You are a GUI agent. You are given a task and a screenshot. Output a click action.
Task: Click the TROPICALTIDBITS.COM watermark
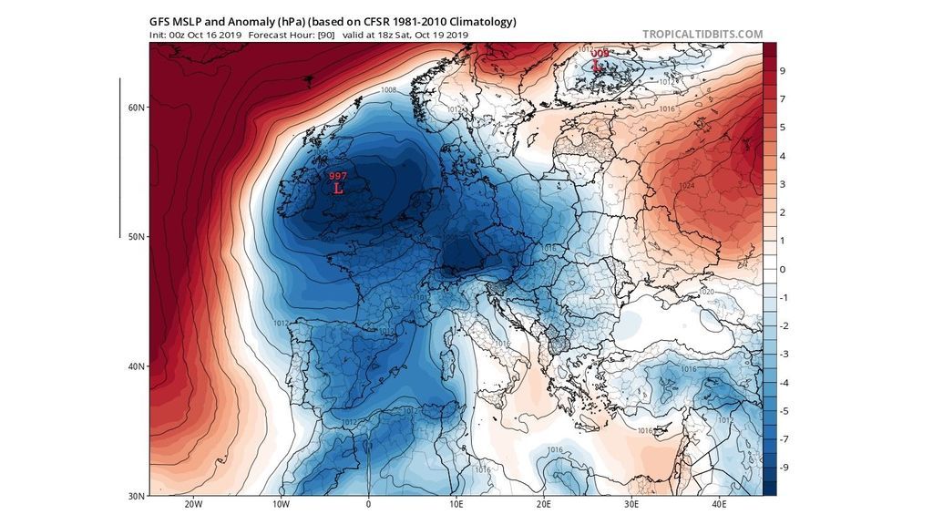[x=702, y=35]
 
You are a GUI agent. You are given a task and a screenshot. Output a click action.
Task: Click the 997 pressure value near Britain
[x=337, y=176]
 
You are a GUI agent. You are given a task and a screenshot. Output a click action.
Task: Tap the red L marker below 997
[x=338, y=190]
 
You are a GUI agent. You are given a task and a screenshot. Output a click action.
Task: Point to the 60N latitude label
[x=136, y=108]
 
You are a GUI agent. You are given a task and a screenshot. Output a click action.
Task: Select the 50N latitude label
[x=136, y=237]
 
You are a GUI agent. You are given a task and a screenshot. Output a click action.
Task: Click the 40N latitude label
[x=136, y=366]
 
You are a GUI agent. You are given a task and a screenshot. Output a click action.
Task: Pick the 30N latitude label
[x=136, y=496]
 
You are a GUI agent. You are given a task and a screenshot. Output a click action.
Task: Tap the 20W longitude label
[x=193, y=504]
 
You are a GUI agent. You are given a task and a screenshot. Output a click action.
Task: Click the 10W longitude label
[x=281, y=504]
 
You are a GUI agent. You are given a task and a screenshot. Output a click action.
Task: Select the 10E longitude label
[x=456, y=504]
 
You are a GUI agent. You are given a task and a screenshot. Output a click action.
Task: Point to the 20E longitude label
[x=543, y=504]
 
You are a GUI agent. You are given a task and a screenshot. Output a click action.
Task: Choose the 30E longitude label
[x=631, y=504]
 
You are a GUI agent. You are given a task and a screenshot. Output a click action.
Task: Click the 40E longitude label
[x=718, y=504]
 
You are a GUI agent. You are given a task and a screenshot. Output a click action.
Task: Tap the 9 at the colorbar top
[x=782, y=70]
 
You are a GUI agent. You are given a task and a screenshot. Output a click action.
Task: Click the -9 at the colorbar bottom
[x=782, y=468]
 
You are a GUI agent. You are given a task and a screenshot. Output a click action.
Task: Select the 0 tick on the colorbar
[x=782, y=269]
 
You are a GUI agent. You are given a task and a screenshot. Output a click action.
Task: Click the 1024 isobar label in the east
[x=687, y=186]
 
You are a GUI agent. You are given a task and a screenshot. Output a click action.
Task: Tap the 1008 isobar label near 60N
[x=388, y=90]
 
